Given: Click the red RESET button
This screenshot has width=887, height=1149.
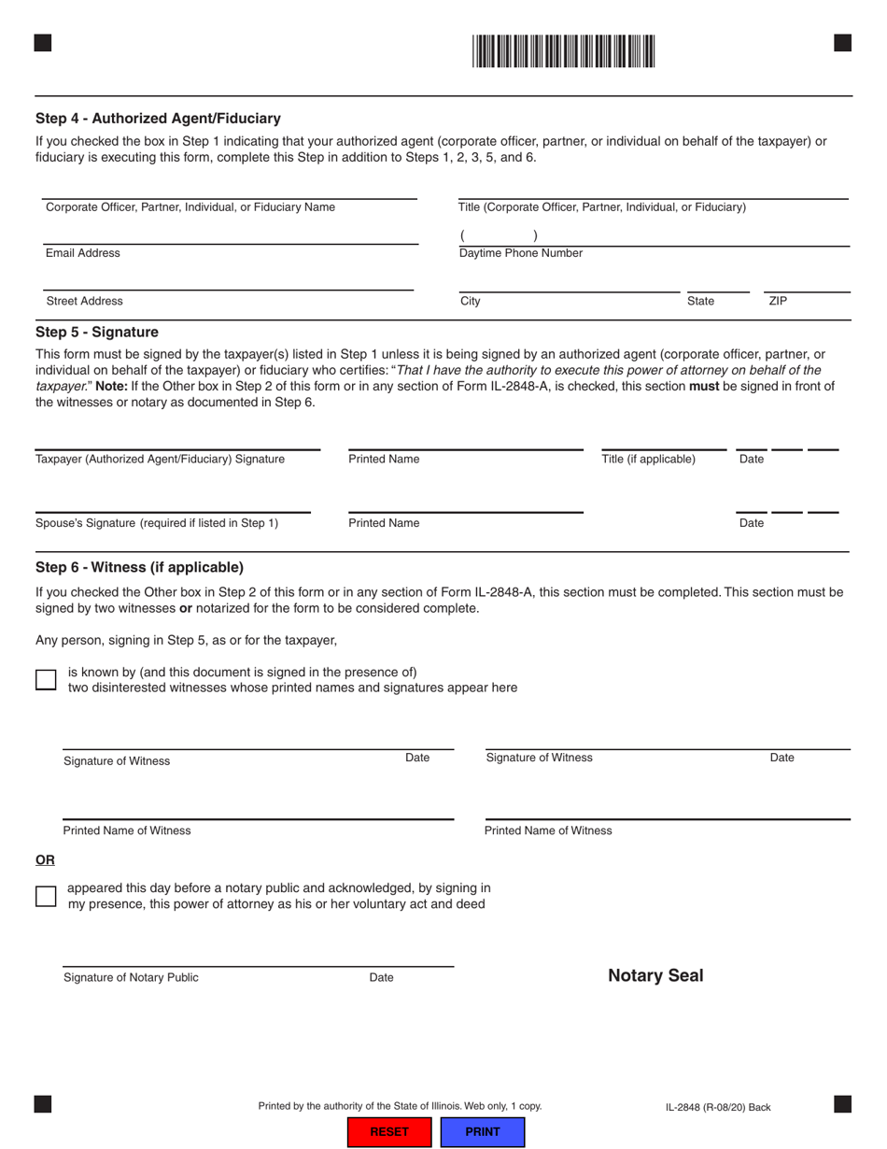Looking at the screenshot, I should [389, 1131].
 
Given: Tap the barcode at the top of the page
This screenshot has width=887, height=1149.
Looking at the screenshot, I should [563, 50].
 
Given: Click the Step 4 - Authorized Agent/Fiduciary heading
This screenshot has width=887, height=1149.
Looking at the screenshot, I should [158, 119].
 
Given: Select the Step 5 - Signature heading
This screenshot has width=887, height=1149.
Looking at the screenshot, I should [97, 332].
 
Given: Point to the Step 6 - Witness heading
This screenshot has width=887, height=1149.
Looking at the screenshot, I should [139, 567].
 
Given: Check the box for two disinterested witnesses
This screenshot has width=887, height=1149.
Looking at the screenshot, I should [46, 679].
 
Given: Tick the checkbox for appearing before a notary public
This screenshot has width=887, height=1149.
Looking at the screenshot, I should [46, 896].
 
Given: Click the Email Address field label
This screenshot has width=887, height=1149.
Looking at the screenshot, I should [83, 253].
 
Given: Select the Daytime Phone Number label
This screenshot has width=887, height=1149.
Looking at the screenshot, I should [520, 253].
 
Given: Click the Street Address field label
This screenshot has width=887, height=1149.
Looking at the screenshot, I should [85, 301].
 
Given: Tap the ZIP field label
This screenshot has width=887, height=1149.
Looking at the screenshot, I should [778, 301].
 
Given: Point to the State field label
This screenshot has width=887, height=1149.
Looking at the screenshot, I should [700, 301].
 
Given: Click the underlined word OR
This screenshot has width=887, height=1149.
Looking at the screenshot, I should [45, 860].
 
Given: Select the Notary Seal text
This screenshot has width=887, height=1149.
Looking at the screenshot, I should [655, 976].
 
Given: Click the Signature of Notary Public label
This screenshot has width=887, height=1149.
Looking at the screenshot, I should [131, 977].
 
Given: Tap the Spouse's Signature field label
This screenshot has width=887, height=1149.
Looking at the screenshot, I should [157, 523].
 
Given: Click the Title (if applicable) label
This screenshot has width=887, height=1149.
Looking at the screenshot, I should [648, 459].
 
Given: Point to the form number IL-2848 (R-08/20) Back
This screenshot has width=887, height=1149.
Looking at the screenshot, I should [718, 1108].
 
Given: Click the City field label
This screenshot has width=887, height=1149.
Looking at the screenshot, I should [471, 301].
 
